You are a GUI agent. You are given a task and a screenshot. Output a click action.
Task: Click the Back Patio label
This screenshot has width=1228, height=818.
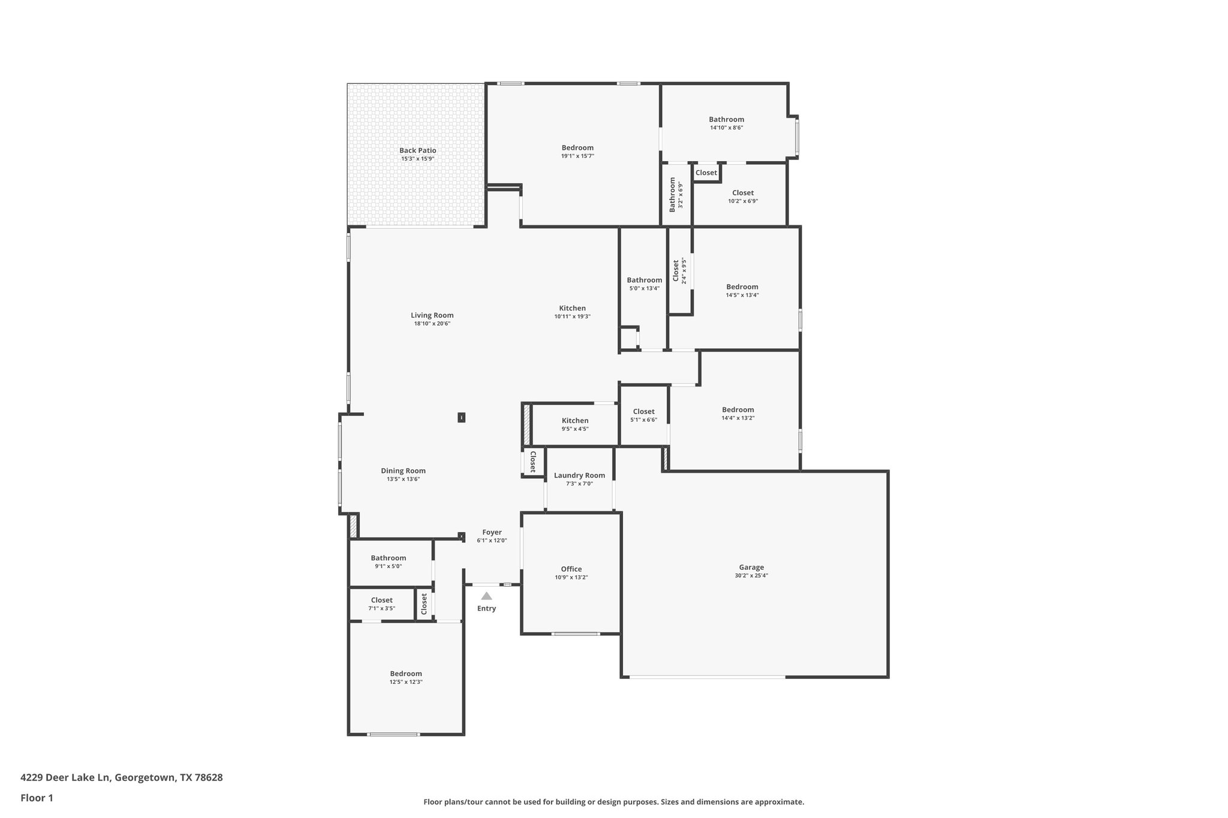(x=417, y=150)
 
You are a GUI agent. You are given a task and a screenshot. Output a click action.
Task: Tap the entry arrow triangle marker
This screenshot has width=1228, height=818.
(x=486, y=596)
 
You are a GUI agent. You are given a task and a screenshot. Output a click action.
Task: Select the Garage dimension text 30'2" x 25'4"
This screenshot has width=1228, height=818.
(x=751, y=575)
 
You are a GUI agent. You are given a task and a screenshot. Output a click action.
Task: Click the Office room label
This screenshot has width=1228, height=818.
(x=571, y=569)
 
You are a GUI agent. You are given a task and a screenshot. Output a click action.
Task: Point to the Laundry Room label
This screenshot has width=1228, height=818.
(x=579, y=475)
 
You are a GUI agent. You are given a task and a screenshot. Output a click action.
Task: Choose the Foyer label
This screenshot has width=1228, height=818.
(x=492, y=532)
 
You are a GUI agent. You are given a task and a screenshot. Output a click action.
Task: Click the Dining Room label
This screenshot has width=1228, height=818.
(x=403, y=470)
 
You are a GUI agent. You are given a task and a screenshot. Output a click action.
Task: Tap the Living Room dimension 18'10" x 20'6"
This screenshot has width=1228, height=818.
(x=432, y=324)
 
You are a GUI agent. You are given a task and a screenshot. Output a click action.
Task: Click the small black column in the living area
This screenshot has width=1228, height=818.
(x=461, y=417)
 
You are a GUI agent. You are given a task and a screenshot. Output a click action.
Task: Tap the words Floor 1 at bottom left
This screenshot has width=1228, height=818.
(x=37, y=798)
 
